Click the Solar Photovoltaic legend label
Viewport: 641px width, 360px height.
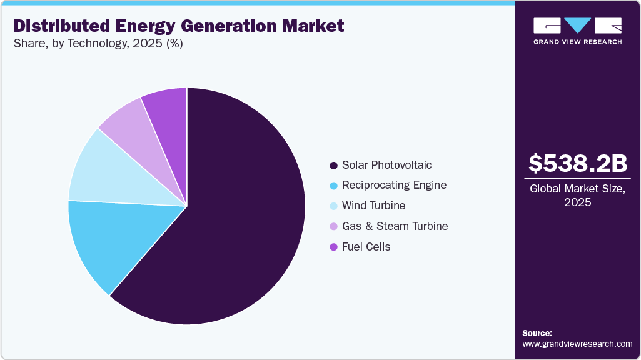pos(386,165)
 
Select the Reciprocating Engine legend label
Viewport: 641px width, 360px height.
pos(394,185)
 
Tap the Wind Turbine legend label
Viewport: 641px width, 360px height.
pos(373,206)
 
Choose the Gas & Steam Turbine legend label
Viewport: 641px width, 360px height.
pos(395,226)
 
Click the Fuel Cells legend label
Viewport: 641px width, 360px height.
pos(366,247)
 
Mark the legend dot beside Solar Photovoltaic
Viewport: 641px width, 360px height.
pos(333,166)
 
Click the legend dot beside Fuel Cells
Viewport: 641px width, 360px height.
pos(333,247)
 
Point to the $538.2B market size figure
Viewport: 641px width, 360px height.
pos(577,163)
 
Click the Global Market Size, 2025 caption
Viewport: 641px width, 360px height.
pos(577,196)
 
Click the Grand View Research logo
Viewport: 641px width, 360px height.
pos(577,31)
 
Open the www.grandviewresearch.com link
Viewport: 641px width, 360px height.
pos(577,344)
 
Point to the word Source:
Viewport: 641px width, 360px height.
pos(537,333)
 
